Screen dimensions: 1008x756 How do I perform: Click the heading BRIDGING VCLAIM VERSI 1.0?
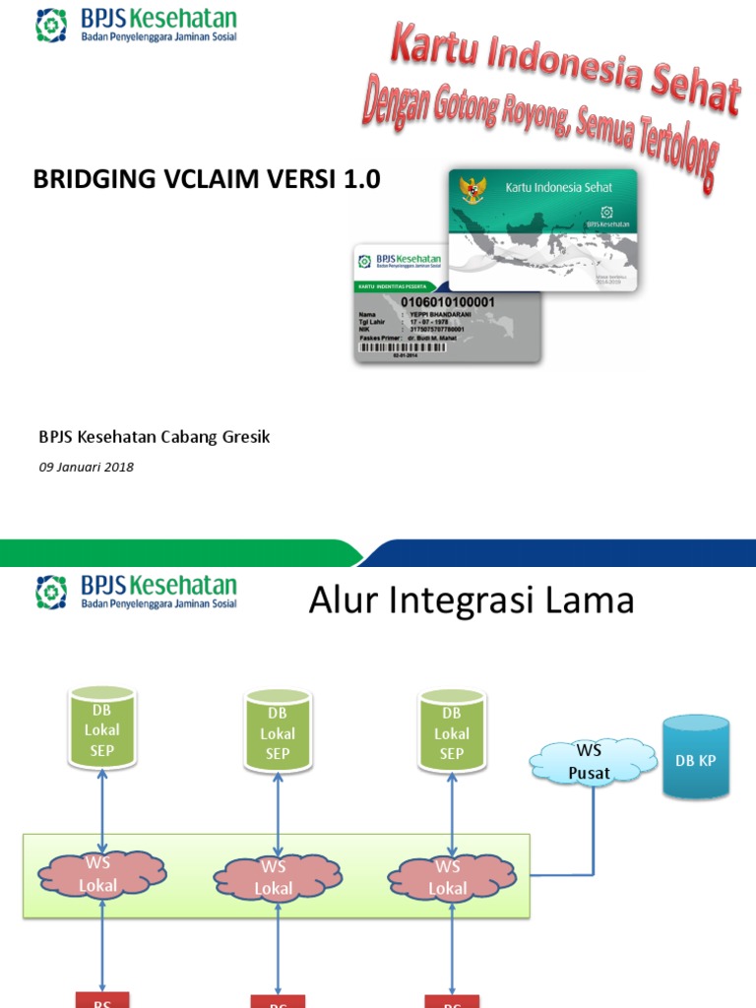(207, 179)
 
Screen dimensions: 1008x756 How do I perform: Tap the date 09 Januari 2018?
(86, 468)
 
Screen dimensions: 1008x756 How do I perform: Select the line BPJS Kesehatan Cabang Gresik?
(154, 437)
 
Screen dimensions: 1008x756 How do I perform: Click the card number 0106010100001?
(448, 301)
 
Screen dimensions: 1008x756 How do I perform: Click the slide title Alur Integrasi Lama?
(472, 599)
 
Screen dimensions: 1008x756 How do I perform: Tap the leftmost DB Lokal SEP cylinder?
(102, 728)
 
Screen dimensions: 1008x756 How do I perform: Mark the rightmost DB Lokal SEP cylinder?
(451, 730)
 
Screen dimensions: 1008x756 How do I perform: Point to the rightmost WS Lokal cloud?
(448, 876)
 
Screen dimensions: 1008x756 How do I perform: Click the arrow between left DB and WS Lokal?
(102, 807)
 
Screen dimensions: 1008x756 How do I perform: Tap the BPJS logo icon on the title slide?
(51, 27)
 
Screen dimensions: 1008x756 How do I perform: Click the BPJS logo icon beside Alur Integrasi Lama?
(51, 593)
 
